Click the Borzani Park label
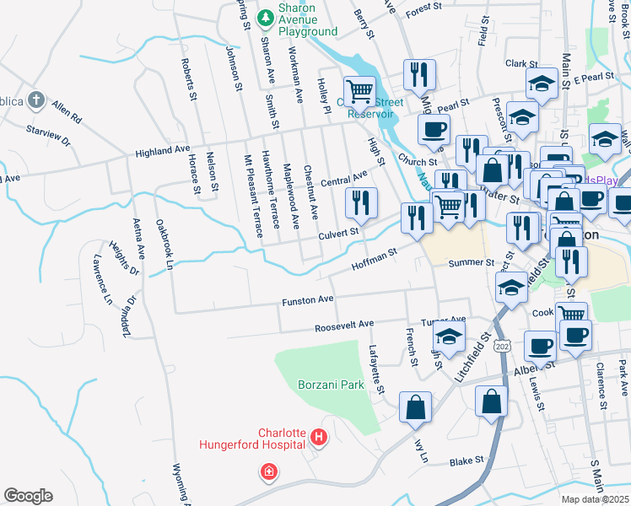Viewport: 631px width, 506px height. pos(331,385)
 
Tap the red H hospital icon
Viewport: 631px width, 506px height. pos(319,437)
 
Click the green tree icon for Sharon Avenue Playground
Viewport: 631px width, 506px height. pos(265,16)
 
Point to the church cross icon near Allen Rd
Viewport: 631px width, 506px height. pos(35,100)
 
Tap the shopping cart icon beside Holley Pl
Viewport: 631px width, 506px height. pos(360,89)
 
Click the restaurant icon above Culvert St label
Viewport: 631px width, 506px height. pos(361,202)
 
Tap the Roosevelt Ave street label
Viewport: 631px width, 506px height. pos(343,325)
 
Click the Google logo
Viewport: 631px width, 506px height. pos(28,496)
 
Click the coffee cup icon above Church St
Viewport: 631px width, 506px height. pos(434,129)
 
